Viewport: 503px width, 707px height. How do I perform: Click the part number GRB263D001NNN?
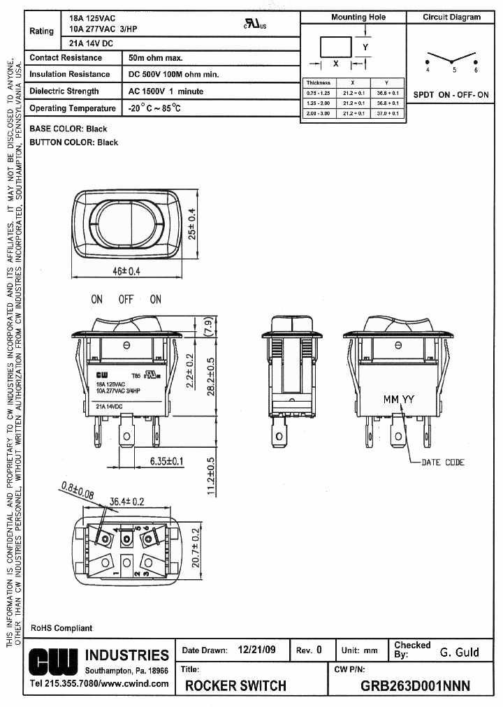(415, 686)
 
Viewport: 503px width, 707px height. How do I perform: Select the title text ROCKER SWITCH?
(235, 686)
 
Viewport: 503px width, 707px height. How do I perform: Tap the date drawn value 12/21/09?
(256, 650)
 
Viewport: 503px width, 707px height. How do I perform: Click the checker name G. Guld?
(459, 652)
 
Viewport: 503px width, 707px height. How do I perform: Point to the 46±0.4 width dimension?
(126, 271)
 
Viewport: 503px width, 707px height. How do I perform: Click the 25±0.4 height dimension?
(193, 224)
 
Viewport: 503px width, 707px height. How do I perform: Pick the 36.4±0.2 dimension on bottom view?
(127, 501)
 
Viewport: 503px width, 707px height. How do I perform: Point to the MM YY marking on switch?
(398, 400)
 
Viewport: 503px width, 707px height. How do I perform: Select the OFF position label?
(126, 300)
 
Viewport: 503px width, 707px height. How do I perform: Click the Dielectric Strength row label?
(64, 92)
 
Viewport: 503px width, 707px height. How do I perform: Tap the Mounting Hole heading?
(358, 17)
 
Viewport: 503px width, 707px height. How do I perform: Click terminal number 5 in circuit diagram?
(454, 71)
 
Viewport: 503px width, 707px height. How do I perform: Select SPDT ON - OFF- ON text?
(451, 94)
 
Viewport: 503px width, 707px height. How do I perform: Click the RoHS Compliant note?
(61, 628)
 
